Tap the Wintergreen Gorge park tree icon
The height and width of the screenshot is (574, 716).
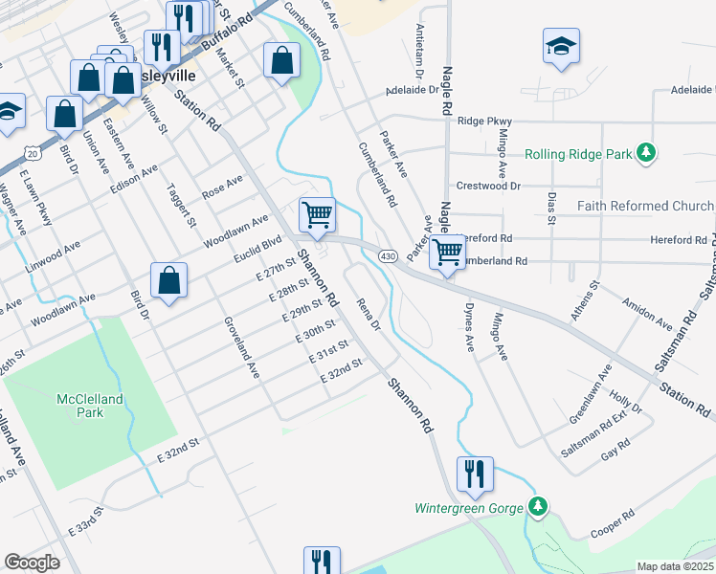539,506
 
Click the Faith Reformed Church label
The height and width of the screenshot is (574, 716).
645,207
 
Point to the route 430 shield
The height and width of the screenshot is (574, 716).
388,256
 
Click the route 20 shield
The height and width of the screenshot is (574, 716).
33,153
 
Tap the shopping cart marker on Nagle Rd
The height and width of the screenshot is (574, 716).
447,254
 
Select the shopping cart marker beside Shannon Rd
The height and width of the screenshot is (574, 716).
317,214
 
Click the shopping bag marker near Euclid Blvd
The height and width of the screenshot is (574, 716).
168,281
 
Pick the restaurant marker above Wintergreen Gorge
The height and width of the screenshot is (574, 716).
475,473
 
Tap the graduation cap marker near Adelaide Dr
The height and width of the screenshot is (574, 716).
560,46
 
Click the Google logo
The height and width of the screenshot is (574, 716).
32,563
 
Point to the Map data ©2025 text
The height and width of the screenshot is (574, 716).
676,566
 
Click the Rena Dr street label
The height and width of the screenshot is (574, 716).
369,315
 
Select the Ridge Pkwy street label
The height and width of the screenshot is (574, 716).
485,121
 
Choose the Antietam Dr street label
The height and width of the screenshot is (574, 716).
418,49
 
